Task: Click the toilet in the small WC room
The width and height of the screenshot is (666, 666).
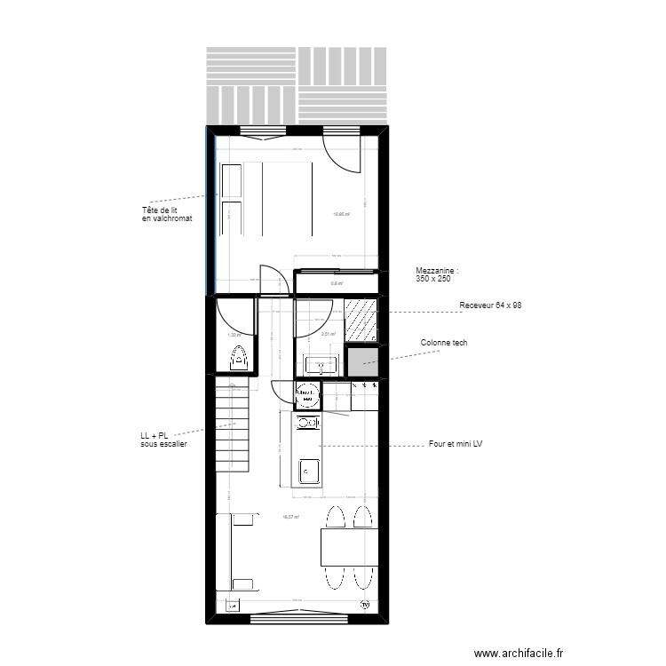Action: (238, 359)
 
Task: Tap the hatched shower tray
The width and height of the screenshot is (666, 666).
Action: (361, 321)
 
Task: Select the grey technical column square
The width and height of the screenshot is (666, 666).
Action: (361, 362)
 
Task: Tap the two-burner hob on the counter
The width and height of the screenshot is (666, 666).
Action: (308, 424)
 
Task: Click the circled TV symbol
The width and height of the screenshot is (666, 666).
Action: (365, 605)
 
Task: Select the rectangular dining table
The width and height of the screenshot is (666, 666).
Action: (351, 544)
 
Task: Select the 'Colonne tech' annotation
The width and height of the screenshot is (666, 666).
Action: (444, 343)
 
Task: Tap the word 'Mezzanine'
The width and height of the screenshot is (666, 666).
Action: (437, 270)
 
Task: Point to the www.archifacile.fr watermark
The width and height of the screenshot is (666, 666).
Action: (519, 653)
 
